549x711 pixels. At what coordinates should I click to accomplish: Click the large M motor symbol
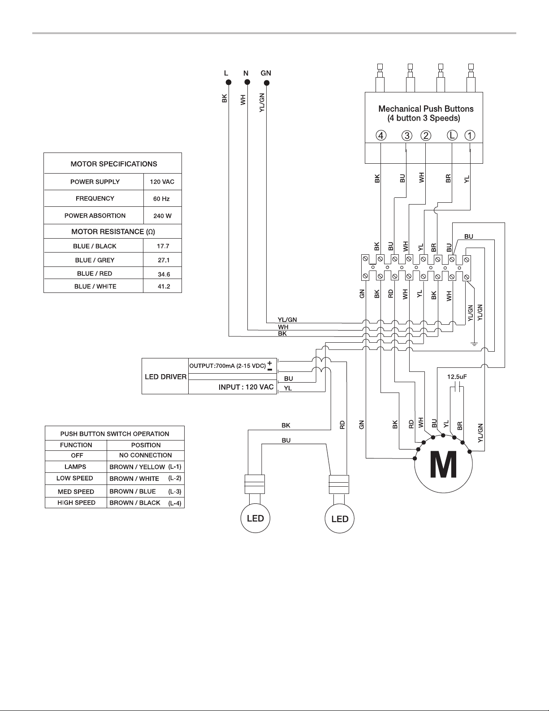(443, 464)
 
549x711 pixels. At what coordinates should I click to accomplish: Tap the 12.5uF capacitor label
(457, 377)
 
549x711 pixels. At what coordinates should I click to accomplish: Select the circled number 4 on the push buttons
(381, 135)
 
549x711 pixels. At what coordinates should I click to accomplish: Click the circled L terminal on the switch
(452, 135)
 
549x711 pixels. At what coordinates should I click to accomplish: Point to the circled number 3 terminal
(407, 136)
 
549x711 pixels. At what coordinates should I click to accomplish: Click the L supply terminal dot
(229, 82)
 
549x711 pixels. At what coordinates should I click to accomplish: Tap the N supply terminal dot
(247, 82)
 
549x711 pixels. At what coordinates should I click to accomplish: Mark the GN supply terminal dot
(267, 83)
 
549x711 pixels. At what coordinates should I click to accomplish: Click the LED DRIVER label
(166, 377)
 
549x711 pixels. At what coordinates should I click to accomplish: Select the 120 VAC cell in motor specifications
(162, 182)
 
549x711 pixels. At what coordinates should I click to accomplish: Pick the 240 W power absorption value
(162, 216)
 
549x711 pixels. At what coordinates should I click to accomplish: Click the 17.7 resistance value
(163, 246)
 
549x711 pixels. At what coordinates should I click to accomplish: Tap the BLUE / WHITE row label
(95, 286)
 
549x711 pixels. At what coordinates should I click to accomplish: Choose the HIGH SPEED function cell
(77, 502)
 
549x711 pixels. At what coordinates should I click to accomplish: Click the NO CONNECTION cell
(145, 455)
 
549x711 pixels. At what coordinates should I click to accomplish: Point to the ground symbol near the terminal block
(474, 344)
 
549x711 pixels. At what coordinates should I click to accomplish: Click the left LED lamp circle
(255, 518)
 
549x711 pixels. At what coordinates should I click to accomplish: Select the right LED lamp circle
(340, 519)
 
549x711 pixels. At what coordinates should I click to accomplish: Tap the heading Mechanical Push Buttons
(426, 109)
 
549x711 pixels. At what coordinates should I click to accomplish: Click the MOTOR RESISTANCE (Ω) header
(113, 231)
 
